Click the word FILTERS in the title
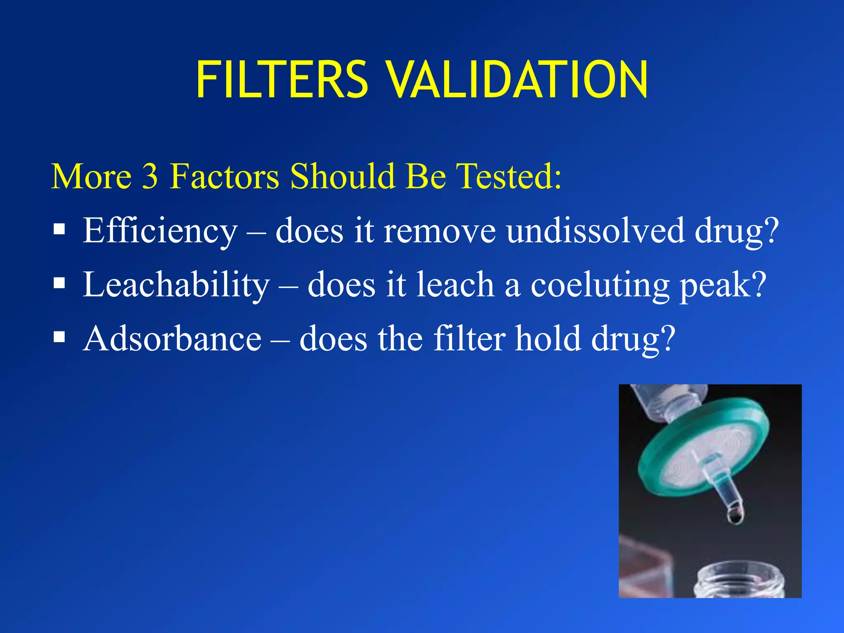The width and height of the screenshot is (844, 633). [282, 80]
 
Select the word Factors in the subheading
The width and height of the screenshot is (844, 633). [225, 176]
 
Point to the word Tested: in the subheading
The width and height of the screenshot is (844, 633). [510, 176]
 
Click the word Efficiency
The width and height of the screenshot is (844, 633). [160, 231]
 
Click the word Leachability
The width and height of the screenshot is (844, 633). [176, 285]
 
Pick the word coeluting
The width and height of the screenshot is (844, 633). [600, 286]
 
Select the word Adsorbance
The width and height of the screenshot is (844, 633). [172, 339]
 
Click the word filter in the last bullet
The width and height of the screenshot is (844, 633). [469, 339]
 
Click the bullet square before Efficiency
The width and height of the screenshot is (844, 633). [59, 229]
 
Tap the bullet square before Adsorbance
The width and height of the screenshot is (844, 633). [59, 337]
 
